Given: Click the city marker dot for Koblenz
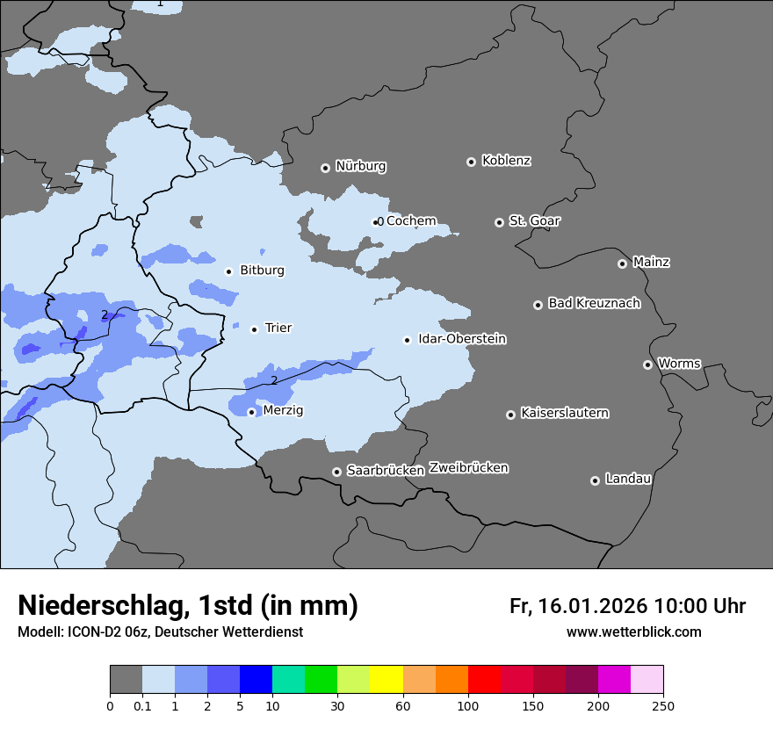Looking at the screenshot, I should point(471,162).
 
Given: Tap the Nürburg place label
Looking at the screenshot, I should point(360,166).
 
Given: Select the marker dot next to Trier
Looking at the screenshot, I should point(255,329).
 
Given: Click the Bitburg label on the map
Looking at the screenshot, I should point(262,271).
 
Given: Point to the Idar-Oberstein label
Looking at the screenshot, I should point(462,339).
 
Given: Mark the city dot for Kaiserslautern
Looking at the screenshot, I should point(510,415).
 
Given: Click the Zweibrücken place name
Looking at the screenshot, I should point(468,468).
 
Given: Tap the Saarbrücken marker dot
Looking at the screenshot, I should point(336,472).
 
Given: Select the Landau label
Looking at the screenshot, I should point(628,479).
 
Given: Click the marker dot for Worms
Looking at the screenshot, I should point(647,364).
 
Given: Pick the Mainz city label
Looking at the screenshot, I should point(651,262).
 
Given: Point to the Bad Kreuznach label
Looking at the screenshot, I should point(594,303).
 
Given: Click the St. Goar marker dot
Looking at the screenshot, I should point(499,222).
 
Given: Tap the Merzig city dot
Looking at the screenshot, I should point(251,412).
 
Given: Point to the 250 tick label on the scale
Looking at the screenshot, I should point(663,706).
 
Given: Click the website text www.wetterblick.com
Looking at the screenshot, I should point(633,632).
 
